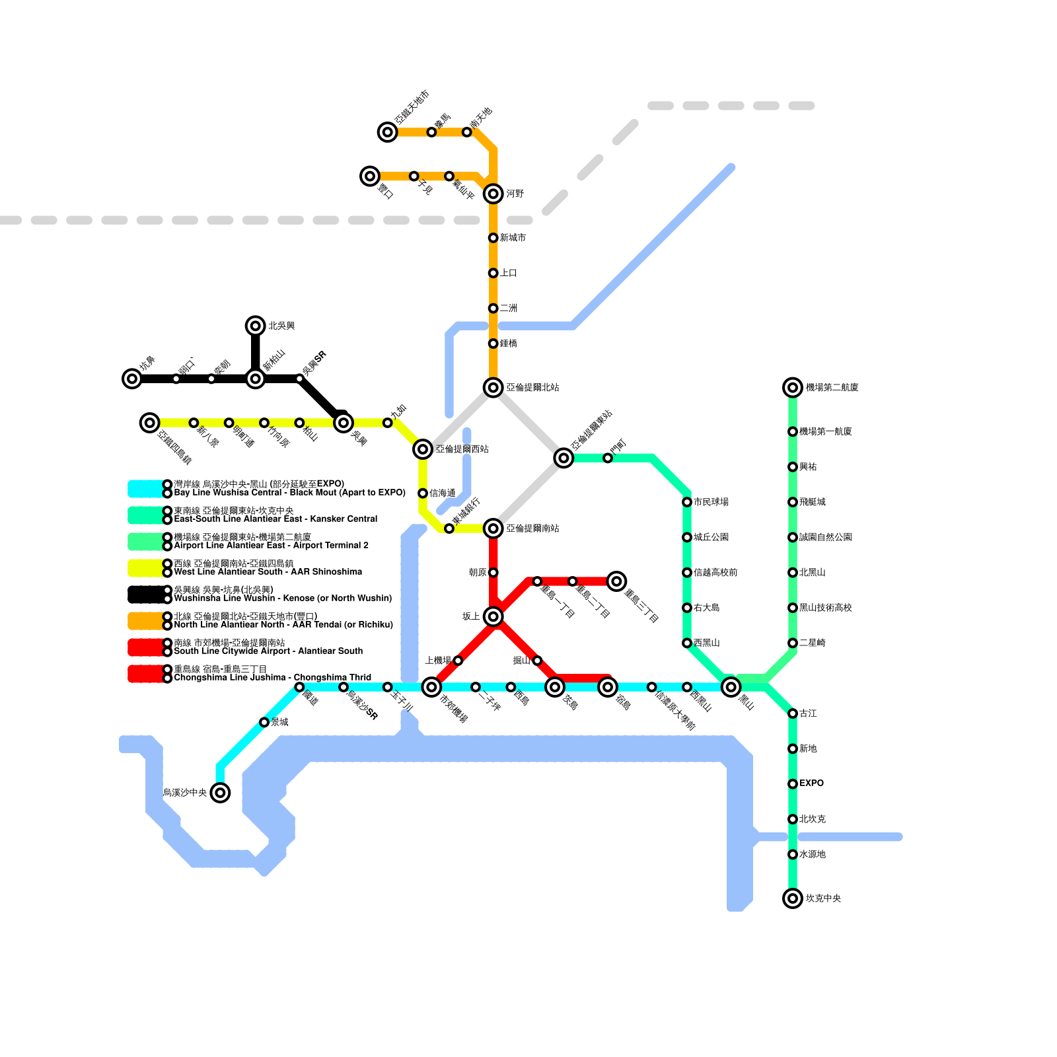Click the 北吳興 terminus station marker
coord(255,326)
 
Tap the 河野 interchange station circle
coord(493,194)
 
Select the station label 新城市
coord(513,238)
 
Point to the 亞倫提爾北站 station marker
coord(493,387)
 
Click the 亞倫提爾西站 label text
coord(462,449)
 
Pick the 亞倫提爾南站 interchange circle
coord(493,528)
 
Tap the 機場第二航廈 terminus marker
coord(792,387)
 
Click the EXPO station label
coord(811,784)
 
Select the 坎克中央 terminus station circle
coord(792,898)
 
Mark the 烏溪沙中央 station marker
coord(220,792)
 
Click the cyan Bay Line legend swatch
coord(145,489)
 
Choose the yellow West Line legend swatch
coord(145,568)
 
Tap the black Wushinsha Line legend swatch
coord(145,595)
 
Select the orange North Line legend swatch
coord(145,621)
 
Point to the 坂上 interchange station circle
coord(493,616)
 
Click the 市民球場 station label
coord(711,502)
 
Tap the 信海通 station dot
coord(423,493)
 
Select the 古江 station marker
coord(792,713)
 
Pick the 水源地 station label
coord(812,854)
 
